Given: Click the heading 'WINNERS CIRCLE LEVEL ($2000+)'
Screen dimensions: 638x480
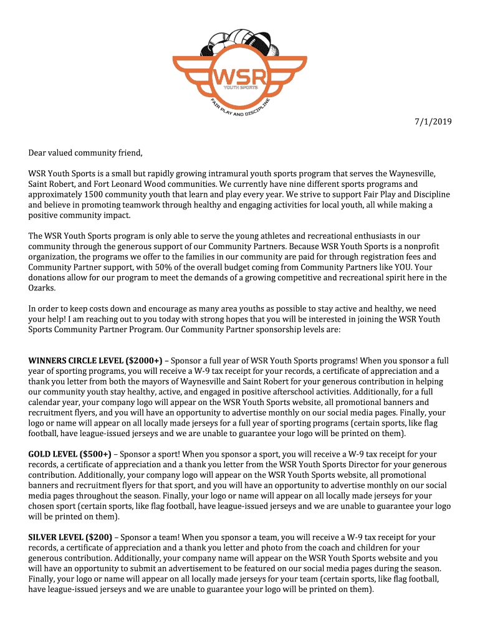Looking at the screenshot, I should [95, 361].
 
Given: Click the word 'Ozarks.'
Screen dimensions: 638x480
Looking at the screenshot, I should [41, 288].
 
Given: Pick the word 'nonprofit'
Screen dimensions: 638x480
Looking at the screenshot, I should [423, 246].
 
